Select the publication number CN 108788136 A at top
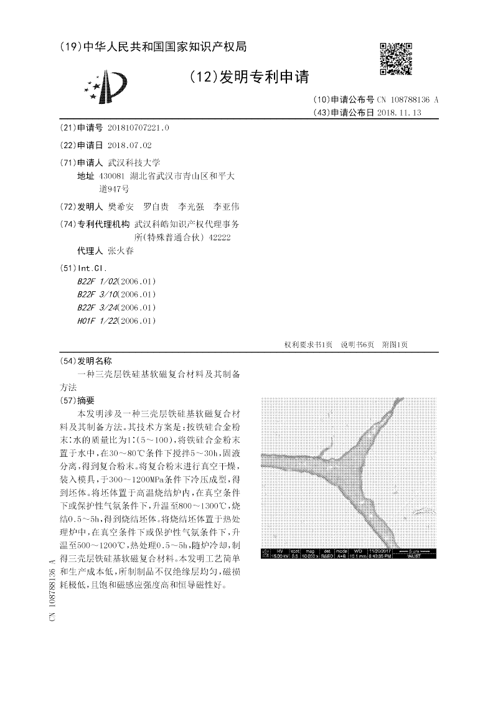point(408,100)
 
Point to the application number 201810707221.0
point(138,128)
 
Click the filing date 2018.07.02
point(129,145)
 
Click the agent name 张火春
point(121,251)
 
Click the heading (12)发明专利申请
point(249,77)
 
